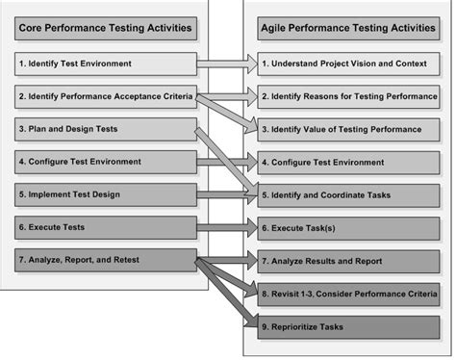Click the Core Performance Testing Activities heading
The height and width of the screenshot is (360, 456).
(x=105, y=28)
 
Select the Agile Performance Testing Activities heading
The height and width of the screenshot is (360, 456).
(x=348, y=28)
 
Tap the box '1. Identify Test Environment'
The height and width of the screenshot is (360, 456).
(x=105, y=64)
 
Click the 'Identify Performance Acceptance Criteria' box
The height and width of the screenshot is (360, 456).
(x=105, y=96)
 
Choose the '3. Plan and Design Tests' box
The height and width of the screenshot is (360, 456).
(x=105, y=128)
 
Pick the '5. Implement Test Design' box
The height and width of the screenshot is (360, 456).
(x=105, y=193)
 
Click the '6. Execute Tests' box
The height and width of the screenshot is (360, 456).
(x=105, y=227)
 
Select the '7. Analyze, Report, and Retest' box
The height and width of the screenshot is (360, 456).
(x=105, y=260)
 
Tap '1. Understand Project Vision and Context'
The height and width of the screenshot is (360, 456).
(x=348, y=64)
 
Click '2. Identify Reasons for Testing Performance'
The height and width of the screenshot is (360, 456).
(x=348, y=96)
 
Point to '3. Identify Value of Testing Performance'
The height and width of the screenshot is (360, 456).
(x=348, y=129)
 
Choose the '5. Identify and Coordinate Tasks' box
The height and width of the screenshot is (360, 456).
(x=348, y=194)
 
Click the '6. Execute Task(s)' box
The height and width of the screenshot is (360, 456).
(x=348, y=227)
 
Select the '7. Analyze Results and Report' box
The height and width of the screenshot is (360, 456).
(x=348, y=261)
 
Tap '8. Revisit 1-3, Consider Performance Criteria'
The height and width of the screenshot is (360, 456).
(x=348, y=294)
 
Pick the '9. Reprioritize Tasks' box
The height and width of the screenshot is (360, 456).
(x=348, y=326)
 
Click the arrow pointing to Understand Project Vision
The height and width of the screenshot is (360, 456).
(x=226, y=64)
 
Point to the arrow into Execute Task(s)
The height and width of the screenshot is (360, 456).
(x=226, y=227)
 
